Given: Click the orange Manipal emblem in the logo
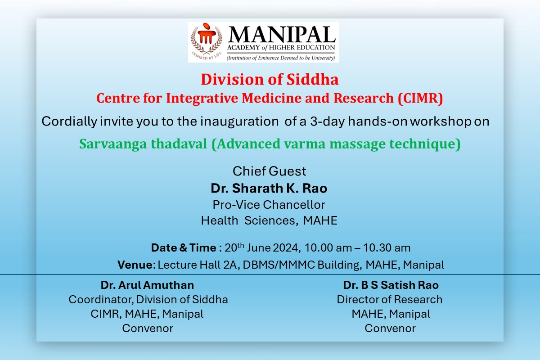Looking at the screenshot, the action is (207, 36).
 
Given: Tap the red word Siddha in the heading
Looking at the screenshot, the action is (312, 80).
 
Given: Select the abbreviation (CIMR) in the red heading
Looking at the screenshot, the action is (420, 98).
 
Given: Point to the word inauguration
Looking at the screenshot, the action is (239, 121).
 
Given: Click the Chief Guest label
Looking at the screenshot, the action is (269, 171).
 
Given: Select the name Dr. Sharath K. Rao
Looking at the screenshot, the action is (269, 188).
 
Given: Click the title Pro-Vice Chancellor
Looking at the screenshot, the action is (269, 205).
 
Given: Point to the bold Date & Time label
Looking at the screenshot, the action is (184, 247).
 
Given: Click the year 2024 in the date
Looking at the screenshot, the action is (286, 248).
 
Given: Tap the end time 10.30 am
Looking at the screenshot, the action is (387, 248).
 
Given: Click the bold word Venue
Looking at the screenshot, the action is (135, 265).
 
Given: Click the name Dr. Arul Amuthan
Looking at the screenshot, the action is (147, 285).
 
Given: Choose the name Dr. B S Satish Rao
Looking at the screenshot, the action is (391, 285).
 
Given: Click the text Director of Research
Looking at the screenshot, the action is (390, 300).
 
